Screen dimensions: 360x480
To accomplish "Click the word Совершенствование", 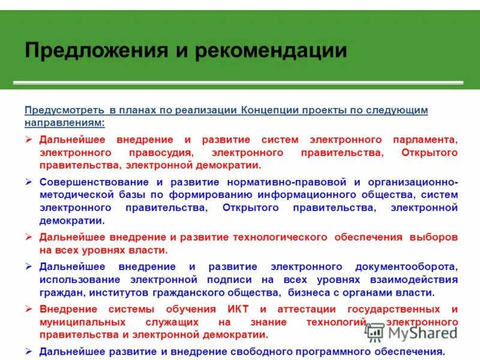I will tap(95, 181).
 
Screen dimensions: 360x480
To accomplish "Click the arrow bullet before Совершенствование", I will tap(28, 181).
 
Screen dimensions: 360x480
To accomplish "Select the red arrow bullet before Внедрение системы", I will tap(28, 309).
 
